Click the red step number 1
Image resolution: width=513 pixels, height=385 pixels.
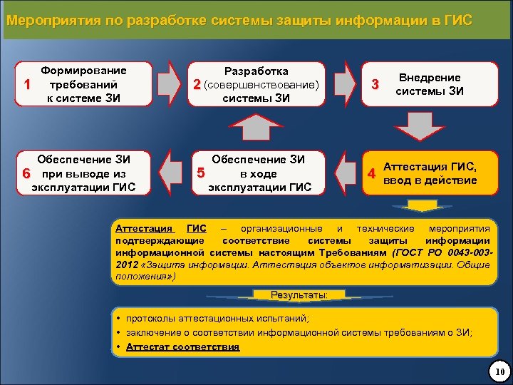point(26,84)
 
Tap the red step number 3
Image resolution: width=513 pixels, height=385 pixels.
point(375,85)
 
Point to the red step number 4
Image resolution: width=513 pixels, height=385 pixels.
point(370,173)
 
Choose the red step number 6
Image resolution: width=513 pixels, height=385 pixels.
point(26,173)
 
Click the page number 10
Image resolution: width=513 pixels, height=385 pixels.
point(499,371)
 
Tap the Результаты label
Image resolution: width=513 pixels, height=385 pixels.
point(299,294)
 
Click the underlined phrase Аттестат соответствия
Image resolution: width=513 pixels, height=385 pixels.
point(182,347)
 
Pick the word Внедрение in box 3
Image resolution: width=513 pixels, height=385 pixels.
point(429,77)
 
